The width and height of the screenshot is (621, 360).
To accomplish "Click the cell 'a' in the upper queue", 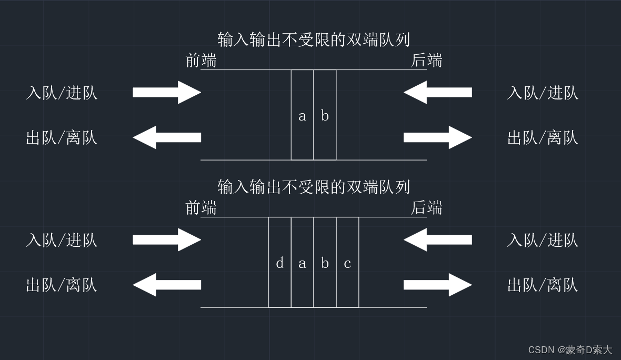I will [x=302, y=115].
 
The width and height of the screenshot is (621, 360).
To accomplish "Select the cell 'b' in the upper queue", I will [x=325, y=115].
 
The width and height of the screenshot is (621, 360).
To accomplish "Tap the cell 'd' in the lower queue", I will [x=279, y=263].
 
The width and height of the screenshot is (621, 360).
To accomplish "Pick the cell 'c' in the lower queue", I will [x=347, y=263].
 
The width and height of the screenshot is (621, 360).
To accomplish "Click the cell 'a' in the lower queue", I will [x=302, y=263].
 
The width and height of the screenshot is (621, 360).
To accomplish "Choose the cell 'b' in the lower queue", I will [x=325, y=263].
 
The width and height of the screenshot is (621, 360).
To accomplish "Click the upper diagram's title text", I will [x=314, y=39].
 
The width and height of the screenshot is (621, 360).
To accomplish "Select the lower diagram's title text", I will [x=314, y=187].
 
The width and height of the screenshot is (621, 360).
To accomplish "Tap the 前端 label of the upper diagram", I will [x=201, y=61].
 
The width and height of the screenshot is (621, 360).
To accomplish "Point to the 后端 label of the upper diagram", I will [x=426, y=61].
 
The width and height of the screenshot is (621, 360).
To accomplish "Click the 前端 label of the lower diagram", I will [x=201, y=208].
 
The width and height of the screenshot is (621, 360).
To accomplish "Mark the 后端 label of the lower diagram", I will [x=426, y=208].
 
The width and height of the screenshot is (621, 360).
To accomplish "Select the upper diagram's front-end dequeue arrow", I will [x=167, y=137].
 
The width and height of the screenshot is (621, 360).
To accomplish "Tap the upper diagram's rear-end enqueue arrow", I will [x=438, y=92].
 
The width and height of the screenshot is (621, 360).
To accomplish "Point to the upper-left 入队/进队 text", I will [x=62, y=93].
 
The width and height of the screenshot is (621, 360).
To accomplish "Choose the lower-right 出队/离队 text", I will [x=543, y=285].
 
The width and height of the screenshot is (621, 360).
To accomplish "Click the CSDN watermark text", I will [x=570, y=350].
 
